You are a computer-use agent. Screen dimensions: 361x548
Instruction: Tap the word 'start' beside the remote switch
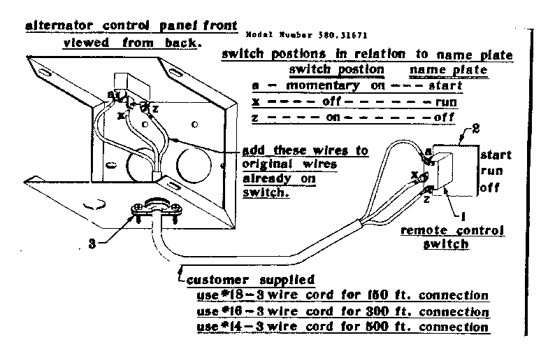click(x=496, y=155)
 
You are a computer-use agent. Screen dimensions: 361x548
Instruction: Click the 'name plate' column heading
click(x=439, y=71)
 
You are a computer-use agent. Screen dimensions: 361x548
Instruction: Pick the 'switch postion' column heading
click(x=336, y=71)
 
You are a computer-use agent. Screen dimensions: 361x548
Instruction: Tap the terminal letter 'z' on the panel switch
click(x=155, y=108)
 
